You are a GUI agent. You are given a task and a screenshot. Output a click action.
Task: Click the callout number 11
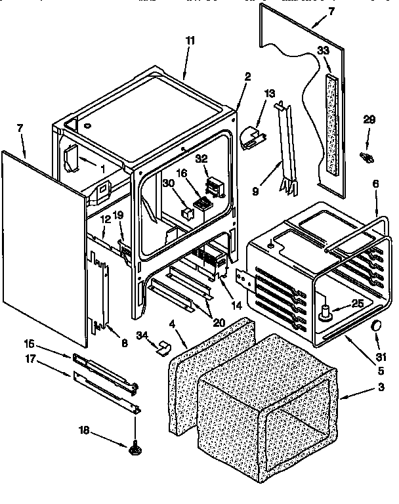point(190,41)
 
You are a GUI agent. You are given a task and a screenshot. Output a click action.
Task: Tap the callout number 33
point(323,50)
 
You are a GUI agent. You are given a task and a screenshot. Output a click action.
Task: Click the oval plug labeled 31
point(377,326)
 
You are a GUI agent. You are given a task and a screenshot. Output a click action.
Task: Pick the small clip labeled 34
point(163,346)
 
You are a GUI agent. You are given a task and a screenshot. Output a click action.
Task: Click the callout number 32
point(201,158)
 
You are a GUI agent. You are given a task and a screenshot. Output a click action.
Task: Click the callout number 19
point(118,214)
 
